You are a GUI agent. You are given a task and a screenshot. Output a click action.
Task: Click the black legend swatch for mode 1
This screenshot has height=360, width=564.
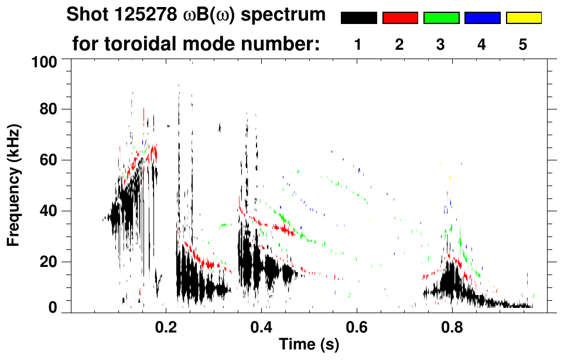click(358, 18)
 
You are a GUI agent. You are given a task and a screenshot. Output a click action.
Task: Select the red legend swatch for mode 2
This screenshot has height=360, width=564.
click(400, 18)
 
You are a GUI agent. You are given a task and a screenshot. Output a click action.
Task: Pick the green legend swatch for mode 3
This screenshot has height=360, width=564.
click(441, 18)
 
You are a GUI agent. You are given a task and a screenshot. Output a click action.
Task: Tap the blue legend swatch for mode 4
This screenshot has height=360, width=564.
click(482, 18)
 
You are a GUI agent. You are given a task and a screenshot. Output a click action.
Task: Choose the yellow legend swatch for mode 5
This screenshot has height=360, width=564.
click(523, 18)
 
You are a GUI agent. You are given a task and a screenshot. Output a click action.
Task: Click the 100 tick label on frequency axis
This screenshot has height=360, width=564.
click(45, 61)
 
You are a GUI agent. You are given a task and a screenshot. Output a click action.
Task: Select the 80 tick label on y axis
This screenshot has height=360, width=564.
click(49, 109)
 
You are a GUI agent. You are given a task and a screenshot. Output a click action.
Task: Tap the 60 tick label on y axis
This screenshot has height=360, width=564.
click(49, 160)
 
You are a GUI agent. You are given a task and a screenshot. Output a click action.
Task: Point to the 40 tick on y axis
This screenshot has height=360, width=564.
click(49, 211)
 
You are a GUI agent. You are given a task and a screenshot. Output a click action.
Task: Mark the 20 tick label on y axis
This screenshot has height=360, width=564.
click(49, 262)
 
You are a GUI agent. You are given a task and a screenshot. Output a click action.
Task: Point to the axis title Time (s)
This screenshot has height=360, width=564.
click(309, 345)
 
